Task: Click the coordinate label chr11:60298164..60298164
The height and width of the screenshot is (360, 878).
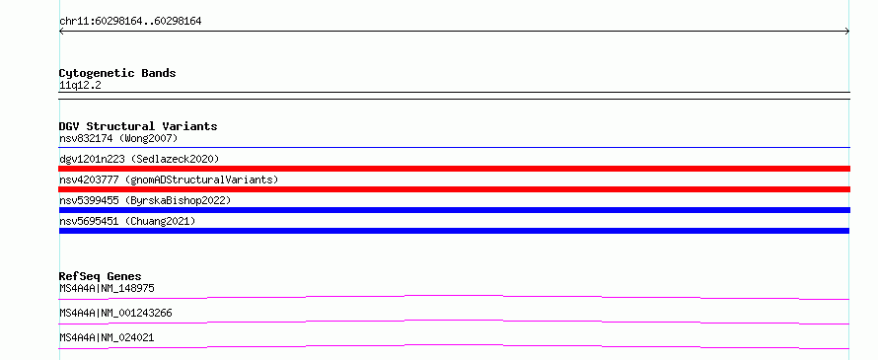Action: click(130, 22)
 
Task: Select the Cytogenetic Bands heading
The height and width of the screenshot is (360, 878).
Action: click(117, 73)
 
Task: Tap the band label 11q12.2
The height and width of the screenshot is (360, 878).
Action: click(80, 86)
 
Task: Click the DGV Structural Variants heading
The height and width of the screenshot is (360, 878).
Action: click(138, 126)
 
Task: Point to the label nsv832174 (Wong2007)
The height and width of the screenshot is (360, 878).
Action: click(118, 138)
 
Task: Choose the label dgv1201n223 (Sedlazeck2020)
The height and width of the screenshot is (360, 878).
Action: click(139, 159)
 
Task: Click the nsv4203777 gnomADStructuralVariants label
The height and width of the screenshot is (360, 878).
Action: click(169, 180)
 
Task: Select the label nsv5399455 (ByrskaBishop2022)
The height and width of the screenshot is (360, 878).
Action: click(145, 200)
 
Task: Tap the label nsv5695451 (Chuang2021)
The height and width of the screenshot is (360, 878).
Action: click(127, 221)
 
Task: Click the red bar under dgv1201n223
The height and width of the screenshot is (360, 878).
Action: click(454, 169)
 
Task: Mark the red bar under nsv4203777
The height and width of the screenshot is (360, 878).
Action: click(454, 189)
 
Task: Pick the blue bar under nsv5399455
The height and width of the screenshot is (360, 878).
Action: click(454, 210)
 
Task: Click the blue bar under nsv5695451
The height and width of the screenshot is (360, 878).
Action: click(454, 231)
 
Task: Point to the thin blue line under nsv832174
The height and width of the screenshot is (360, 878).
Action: click(454, 147)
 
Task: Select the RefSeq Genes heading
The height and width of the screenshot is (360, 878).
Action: click(101, 276)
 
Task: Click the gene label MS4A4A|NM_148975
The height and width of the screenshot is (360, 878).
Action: click(107, 289)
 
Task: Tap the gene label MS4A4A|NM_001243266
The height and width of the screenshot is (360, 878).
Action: click(115, 313)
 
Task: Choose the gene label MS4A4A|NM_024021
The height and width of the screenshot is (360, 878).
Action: click(107, 337)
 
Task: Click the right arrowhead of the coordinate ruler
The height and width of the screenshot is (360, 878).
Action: click(848, 32)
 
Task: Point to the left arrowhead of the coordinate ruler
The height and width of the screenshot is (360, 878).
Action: click(60, 32)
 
